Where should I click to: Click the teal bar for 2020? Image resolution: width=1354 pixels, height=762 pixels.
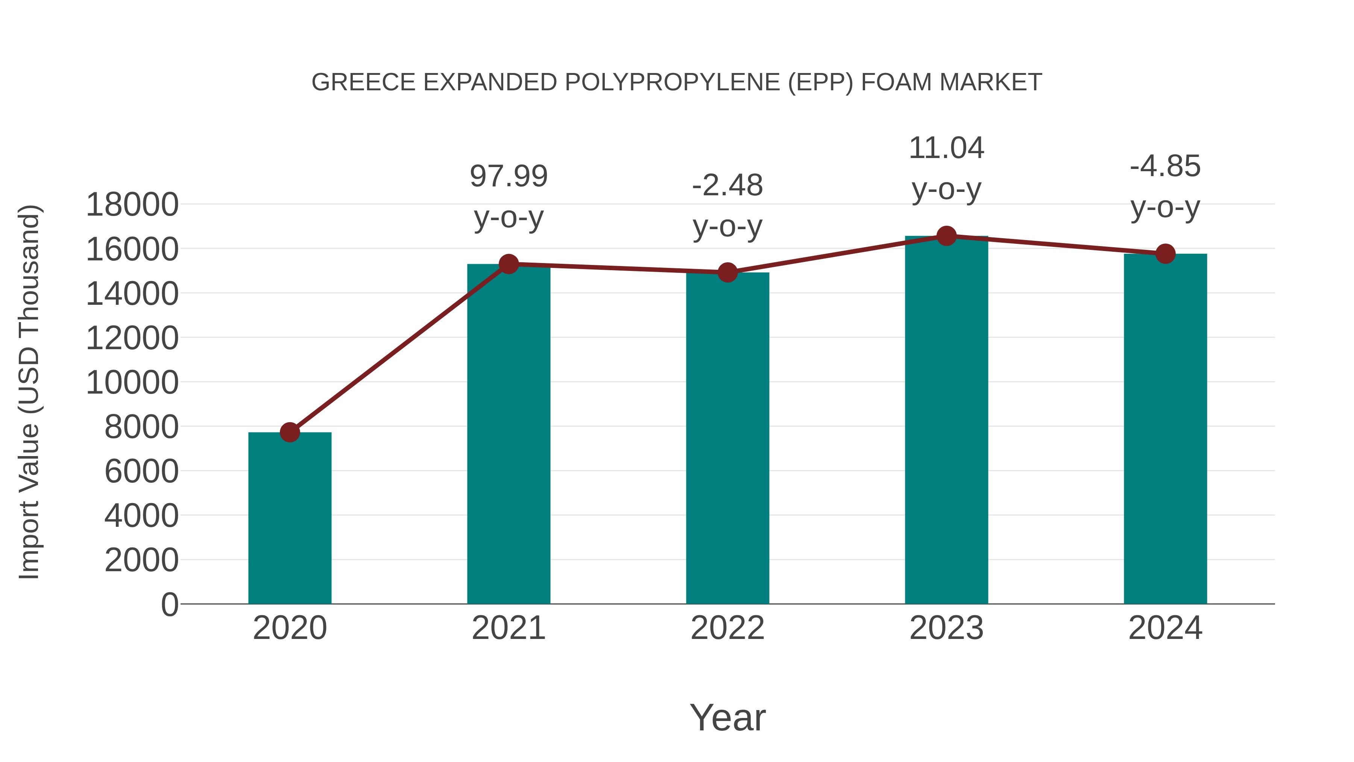pos(290,518)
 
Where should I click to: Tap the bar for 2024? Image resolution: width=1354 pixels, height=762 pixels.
pos(1165,429)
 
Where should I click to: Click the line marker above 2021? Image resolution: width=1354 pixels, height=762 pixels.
pos(509,264)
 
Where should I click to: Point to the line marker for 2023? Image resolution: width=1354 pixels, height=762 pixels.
pos(946,236)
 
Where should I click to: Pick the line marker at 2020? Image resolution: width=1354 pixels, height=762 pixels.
pos(290,432)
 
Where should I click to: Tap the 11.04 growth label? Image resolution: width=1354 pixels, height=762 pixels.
pos(946,168)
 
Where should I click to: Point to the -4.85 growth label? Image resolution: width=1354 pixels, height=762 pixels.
pos(1165,187)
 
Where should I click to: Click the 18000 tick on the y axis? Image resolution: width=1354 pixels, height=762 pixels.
pos(132,205)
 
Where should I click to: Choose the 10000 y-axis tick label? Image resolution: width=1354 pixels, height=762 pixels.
pos(132,382)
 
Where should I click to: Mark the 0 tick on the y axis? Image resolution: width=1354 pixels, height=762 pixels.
pos(170,604)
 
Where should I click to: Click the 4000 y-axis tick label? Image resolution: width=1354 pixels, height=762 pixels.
pos(141,516)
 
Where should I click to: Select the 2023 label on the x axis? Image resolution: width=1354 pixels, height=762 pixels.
pos(946,628)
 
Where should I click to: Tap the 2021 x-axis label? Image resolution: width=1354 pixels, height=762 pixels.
pos(509,628)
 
